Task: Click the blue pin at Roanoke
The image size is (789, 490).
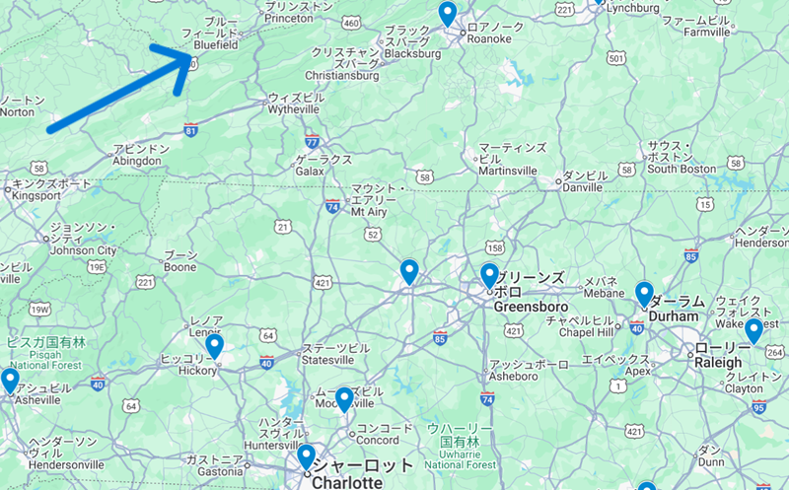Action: click(x=448, y=14)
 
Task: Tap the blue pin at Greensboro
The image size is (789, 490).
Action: click(x=489, y=274)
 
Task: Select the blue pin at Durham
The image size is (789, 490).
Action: click(x=644, y=293)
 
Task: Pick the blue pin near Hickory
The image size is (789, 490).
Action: click(x=213, y=346)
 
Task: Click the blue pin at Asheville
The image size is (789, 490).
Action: click(x=10, y=379)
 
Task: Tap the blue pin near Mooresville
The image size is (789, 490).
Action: click(x=344, y=398)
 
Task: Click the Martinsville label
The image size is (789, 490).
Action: click(x=508, y=171)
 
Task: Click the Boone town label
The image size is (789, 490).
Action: click(x=179, y=266)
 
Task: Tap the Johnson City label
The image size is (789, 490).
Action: click(x=83, y=250)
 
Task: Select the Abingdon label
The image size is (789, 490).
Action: click(x=136, y=161)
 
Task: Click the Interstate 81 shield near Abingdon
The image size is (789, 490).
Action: click(x=190, y=129)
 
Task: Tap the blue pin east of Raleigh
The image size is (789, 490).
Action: click(x=753, y=330)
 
